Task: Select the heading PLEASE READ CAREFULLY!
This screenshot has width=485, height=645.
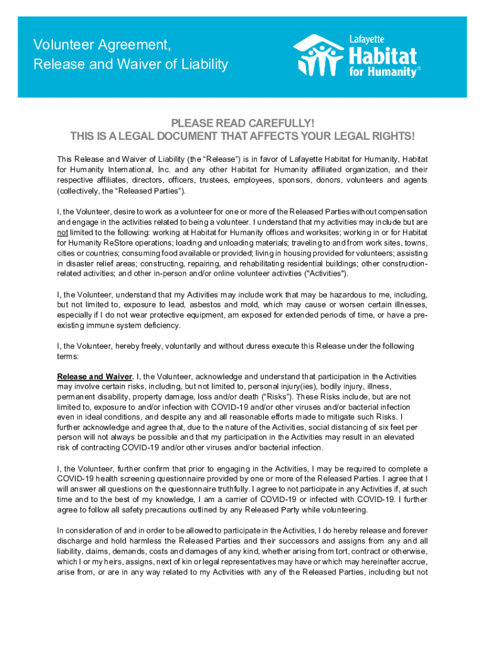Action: click(243, 123)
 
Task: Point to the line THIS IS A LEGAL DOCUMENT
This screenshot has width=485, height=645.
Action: click(243, 137)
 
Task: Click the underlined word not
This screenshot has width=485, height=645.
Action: click(61, 232)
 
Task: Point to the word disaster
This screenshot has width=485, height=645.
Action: click(77, 263)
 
